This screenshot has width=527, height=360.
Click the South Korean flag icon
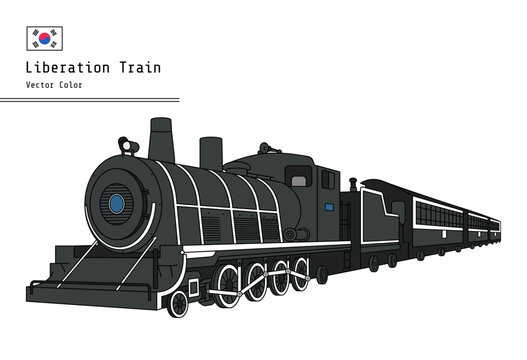(x=44, y=38)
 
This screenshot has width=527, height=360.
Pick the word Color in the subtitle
(x=71, y=85)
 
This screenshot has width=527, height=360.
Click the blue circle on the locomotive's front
(x=116, y=204)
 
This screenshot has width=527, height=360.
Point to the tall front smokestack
(x=161, y=140)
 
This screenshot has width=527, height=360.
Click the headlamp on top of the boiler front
(x=128, y=146)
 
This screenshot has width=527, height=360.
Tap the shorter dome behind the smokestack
(x=210, y=153)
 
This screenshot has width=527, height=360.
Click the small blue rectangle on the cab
(x=328, y=208)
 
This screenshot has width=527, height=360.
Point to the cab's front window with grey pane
(x=298, y=180)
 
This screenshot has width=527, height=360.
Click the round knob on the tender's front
(x=352, y=183)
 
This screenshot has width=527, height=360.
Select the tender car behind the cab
(x=381, y=220)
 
